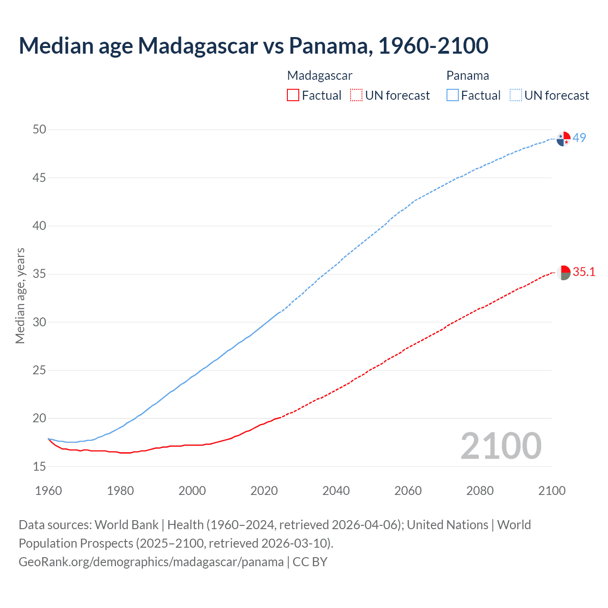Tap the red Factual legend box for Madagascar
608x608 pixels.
[293, 95]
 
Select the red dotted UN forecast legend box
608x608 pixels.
[356, 95]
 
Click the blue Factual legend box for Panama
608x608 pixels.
[452, 95]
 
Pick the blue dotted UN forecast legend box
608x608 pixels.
[515, 95]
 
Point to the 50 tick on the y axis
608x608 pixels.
[39, 130]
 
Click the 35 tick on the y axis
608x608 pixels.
[39, 274]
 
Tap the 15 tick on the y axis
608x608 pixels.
[39, 466]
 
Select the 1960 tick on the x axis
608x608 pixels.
[48, 491]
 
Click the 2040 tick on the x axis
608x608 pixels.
[336, 491]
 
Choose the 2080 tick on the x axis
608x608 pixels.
[480, 491]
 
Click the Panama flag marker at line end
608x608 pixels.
[563, 139]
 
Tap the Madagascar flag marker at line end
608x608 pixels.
[563, 273]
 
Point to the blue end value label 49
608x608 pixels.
[579, 138]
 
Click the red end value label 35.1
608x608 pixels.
[584, 272]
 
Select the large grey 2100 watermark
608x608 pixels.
[501, 446]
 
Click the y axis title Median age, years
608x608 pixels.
[20, 295]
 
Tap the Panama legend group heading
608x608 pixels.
[467, 76]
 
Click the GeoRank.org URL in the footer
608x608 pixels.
[151, 561]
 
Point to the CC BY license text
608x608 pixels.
[310, 561]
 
